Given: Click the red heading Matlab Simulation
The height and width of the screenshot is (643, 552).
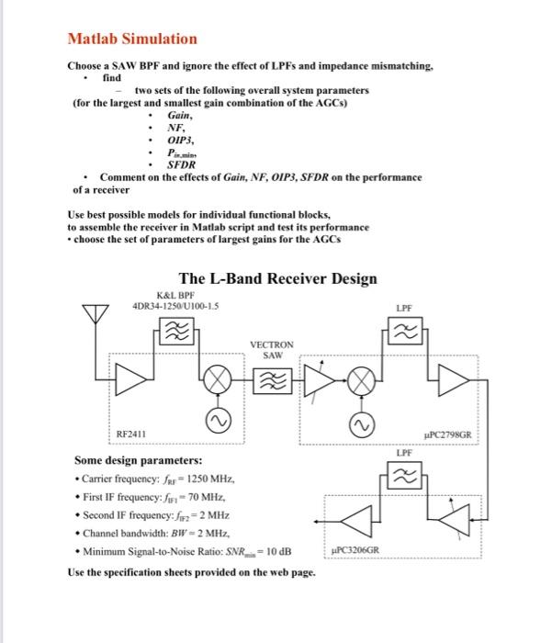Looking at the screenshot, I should pyautogui.click(x=132, y=39).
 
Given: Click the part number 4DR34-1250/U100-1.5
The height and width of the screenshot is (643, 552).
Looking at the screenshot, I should pyautogui.click(x=175, y=306).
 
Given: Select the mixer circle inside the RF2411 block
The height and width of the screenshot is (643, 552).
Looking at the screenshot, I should pyautogui.click(x=220, y=378).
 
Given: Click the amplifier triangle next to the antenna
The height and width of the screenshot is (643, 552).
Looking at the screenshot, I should pyautogui.click(x=133, y=378).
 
